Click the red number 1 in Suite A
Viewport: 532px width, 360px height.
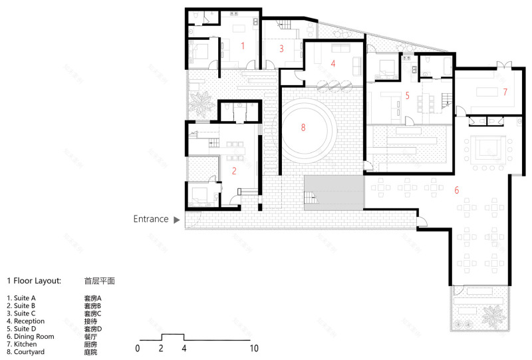243,46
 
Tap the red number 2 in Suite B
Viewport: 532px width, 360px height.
234,170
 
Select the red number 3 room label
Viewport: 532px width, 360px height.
281,48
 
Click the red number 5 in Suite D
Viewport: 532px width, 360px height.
408,95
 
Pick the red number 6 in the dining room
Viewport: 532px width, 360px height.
456,190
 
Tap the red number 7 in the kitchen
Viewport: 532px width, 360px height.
505,91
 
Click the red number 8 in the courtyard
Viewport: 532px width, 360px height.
303,128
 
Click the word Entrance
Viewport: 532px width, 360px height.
151,219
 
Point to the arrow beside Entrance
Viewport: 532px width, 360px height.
176,219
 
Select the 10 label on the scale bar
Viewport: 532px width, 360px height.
254,348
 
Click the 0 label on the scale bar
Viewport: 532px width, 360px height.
138,348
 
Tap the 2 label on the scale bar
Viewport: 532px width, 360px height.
161,348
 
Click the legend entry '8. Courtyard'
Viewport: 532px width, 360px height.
26,351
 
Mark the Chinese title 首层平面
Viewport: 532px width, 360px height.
100,281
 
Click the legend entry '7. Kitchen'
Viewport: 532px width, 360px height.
24,344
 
